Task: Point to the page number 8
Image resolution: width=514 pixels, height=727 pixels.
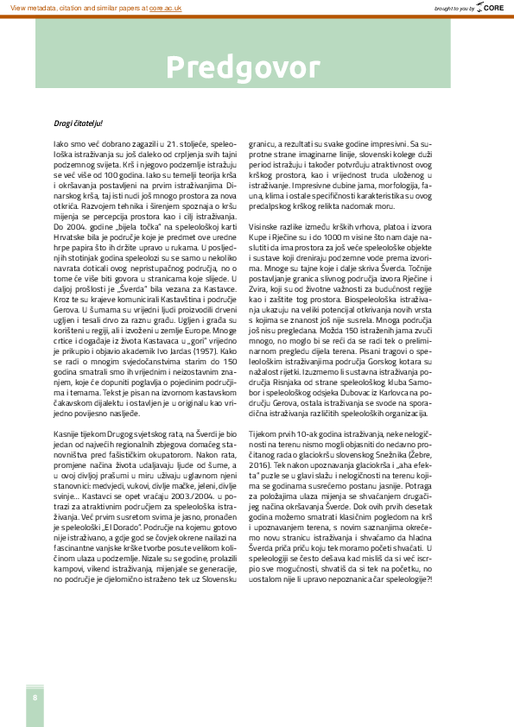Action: point(35,697)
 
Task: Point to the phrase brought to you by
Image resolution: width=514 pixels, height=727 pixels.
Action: point(454,7)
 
